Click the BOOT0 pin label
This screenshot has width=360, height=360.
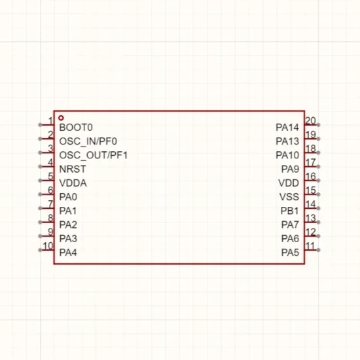[76, 128]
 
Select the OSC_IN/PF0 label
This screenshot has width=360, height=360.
[88, 141]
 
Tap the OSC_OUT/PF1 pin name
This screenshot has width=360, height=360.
[94, 155]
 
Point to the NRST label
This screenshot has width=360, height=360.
[73, 170]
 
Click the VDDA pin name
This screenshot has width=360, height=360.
[73, 183]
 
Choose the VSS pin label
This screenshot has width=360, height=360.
[289, 197]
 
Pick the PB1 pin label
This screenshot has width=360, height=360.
[290, 211]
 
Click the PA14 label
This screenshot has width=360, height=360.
[287, 128]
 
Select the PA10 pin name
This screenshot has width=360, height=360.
[287, 155]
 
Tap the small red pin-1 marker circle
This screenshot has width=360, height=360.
[61, 118]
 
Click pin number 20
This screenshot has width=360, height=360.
[311, 121]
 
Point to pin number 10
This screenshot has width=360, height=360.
[48, 246]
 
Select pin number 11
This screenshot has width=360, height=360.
[310, 246]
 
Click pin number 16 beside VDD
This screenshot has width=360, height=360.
[311, 176]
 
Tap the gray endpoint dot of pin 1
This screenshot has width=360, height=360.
[40, 125]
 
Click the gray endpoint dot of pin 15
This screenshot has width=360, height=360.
[318, 194]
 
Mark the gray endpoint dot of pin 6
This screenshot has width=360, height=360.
[40, 194]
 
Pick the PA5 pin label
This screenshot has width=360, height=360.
[290, 253]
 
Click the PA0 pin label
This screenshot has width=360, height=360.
[68, 197]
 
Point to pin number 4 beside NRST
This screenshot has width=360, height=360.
[51, 162]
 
